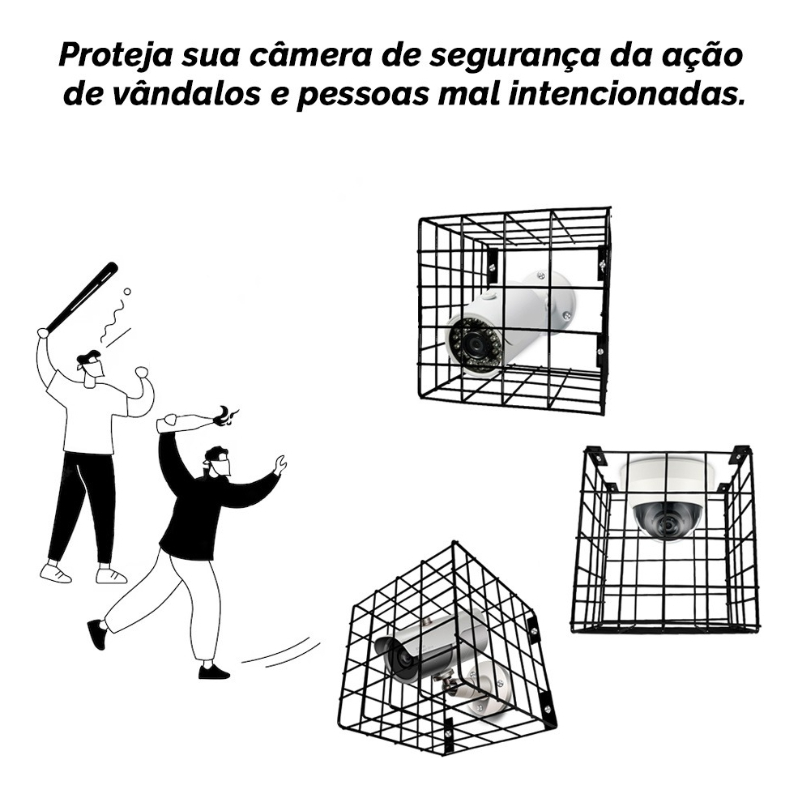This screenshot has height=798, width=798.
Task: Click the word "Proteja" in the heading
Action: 116,55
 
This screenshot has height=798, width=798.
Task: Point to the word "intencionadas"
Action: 623,94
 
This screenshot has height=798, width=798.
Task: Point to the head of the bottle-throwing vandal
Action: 218,461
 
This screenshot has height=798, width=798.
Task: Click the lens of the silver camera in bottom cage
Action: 399,656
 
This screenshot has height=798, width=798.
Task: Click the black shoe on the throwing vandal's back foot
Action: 97,634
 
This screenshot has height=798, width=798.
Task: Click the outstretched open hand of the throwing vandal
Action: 280,464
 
